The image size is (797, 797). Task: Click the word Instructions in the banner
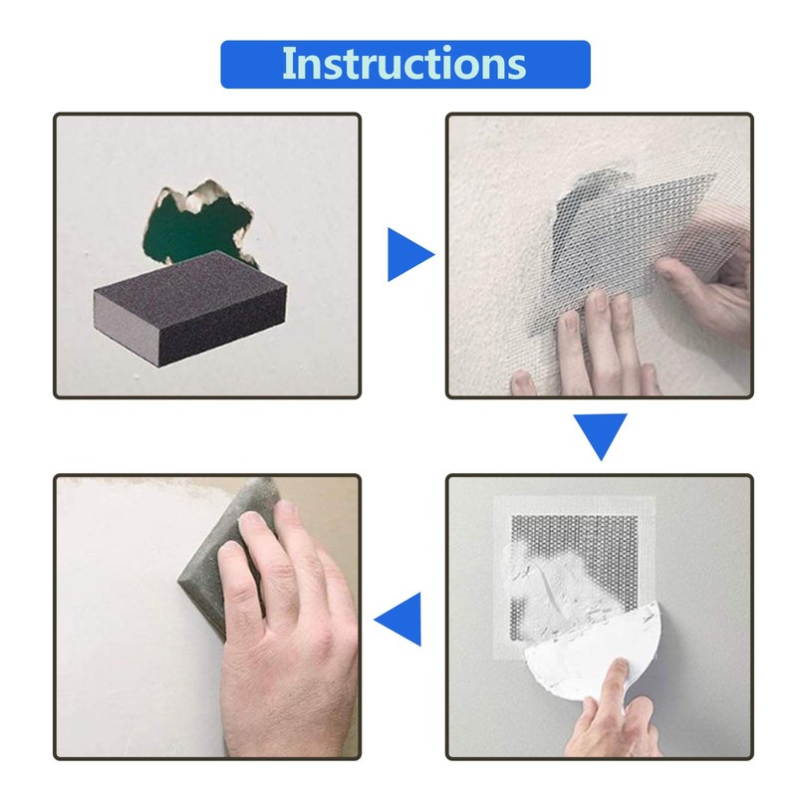click(x=403, y=64)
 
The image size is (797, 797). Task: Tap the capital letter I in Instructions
click(x=287, y=63)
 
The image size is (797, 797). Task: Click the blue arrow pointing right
click(x=407, y=256)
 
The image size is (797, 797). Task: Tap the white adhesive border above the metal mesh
click(x=574, y=505)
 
